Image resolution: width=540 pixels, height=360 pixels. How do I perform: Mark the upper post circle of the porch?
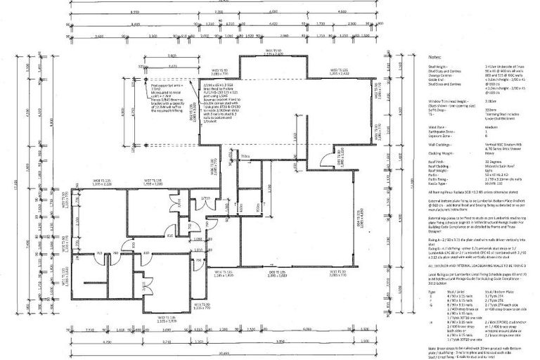tap(146, 80)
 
